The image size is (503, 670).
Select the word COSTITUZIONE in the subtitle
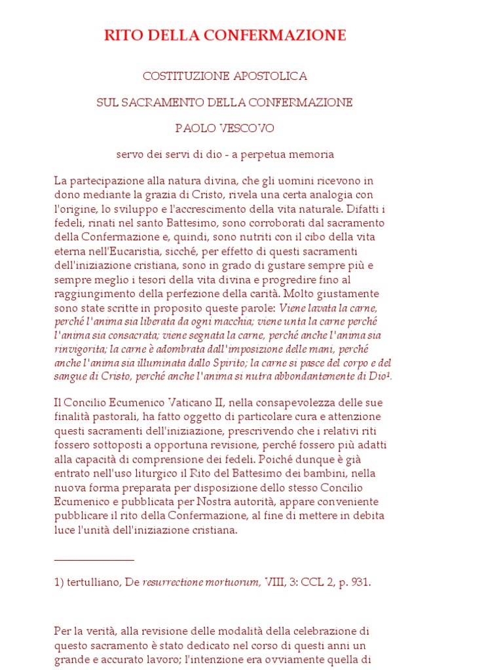185,77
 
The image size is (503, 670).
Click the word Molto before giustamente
298,293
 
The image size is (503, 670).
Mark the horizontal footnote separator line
94,560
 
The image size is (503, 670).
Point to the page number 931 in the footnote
360,582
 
